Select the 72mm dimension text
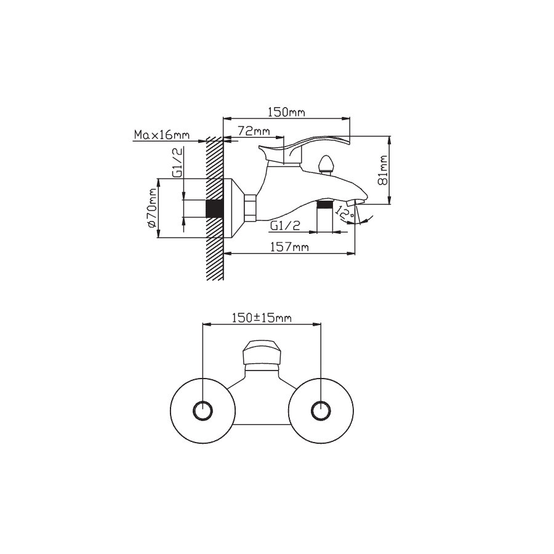tap(254, 131)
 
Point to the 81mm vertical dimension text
tap(382, 170)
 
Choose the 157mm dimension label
tap(289, 247)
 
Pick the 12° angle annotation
tap(345, 213)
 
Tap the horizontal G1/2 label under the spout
tap(285, 226)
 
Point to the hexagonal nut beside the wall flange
tap(250, 208)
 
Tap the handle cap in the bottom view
tap(261, 353)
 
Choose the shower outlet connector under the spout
tap(325, 216)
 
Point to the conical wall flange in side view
tap(233, 208)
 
